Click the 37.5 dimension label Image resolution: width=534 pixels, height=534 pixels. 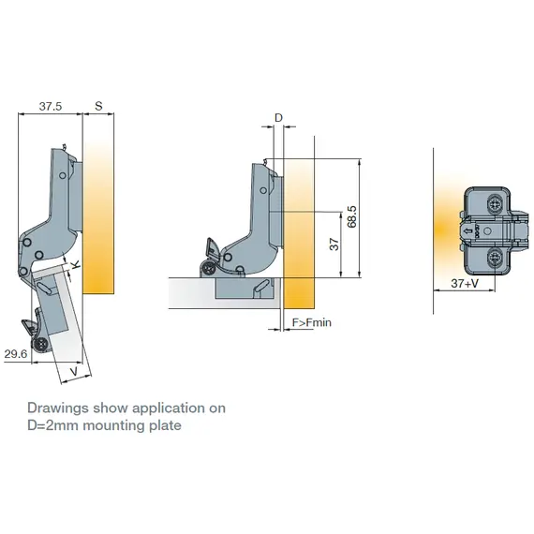click(51, 107)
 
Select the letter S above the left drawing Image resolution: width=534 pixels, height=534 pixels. click(98, 107)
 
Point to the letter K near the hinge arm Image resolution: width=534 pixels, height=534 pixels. click(76, 268)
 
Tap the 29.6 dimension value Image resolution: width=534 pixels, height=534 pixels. click(15, 353)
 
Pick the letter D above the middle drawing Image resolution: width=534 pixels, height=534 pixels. click(277, 117)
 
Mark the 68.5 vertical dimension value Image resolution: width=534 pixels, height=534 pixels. click(350, 216)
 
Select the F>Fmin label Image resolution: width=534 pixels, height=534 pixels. click(312, 323)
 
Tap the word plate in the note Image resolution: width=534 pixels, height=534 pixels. click(165, 425)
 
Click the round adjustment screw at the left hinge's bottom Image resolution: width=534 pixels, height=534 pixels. click(41, 346)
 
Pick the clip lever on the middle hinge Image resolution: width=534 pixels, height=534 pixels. click(211, 253)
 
